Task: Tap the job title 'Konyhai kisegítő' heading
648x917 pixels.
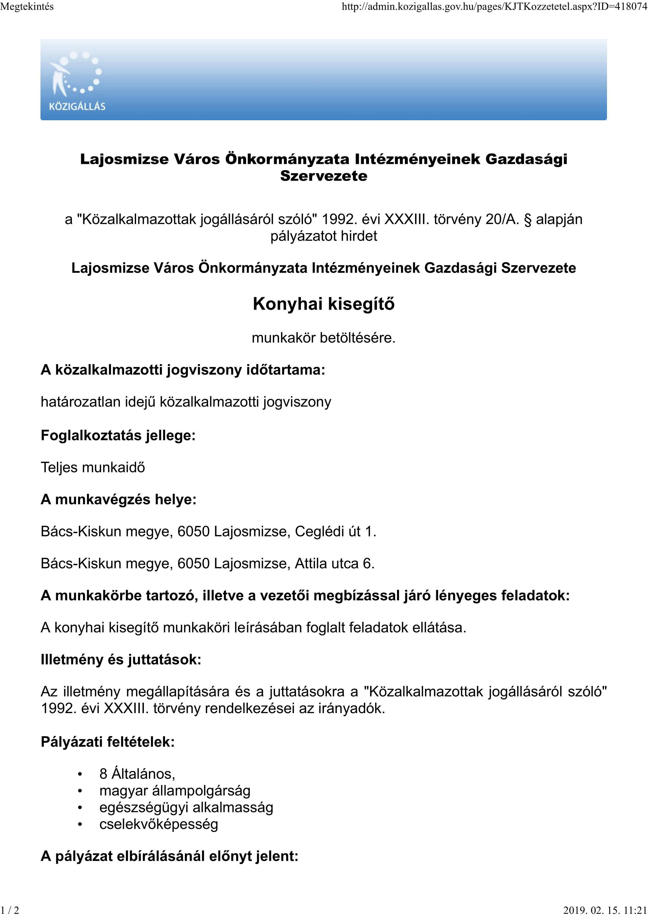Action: (x=324, y=304)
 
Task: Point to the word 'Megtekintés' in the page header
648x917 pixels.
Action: (x=27, y=7)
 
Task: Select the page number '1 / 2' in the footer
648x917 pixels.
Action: (x=10, y=910)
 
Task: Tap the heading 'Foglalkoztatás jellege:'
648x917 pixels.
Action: (x=118, y=435)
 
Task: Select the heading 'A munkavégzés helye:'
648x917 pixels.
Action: (x=119, y=499)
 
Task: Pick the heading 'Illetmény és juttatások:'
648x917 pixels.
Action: (x=121, y=660)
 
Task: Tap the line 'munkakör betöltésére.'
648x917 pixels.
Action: (x=324, y=338)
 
